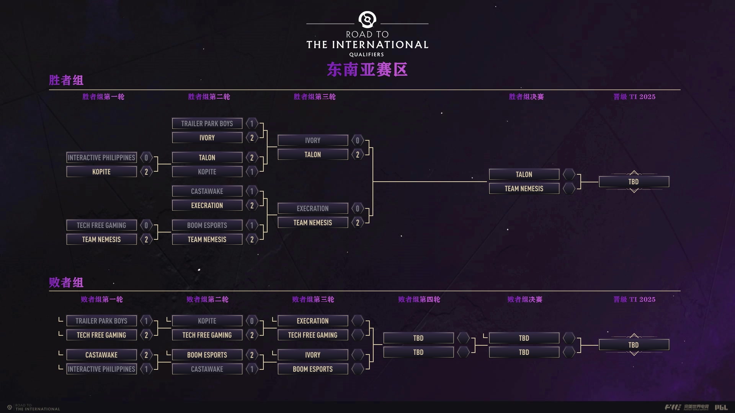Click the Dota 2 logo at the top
(x=367, y=20)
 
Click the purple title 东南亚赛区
(x=367, y=70)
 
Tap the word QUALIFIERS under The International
(x=366, y=55)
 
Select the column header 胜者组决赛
(x=526, y=97)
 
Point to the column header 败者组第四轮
(x=419, y=299)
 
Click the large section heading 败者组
(x=66, y=283)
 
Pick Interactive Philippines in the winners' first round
(x=101, y=158)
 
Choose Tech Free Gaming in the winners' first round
(x=101, y=225)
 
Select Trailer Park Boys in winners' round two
(x=207, y=124)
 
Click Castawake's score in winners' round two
(x=252, y=191)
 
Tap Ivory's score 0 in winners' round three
(x=358, y=140)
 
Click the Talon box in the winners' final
(x=524, y=174)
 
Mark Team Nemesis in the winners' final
(x=524, y=189)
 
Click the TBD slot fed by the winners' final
(x=634, y=182)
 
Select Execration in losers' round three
(x=313, y=321)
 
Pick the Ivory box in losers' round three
(x=313, y=355)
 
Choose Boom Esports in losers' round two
(x=207, y=355)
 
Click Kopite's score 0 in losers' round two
(x=252, y=321)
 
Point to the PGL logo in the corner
(x=721, y=408)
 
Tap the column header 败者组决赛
(x=524, y=299)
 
